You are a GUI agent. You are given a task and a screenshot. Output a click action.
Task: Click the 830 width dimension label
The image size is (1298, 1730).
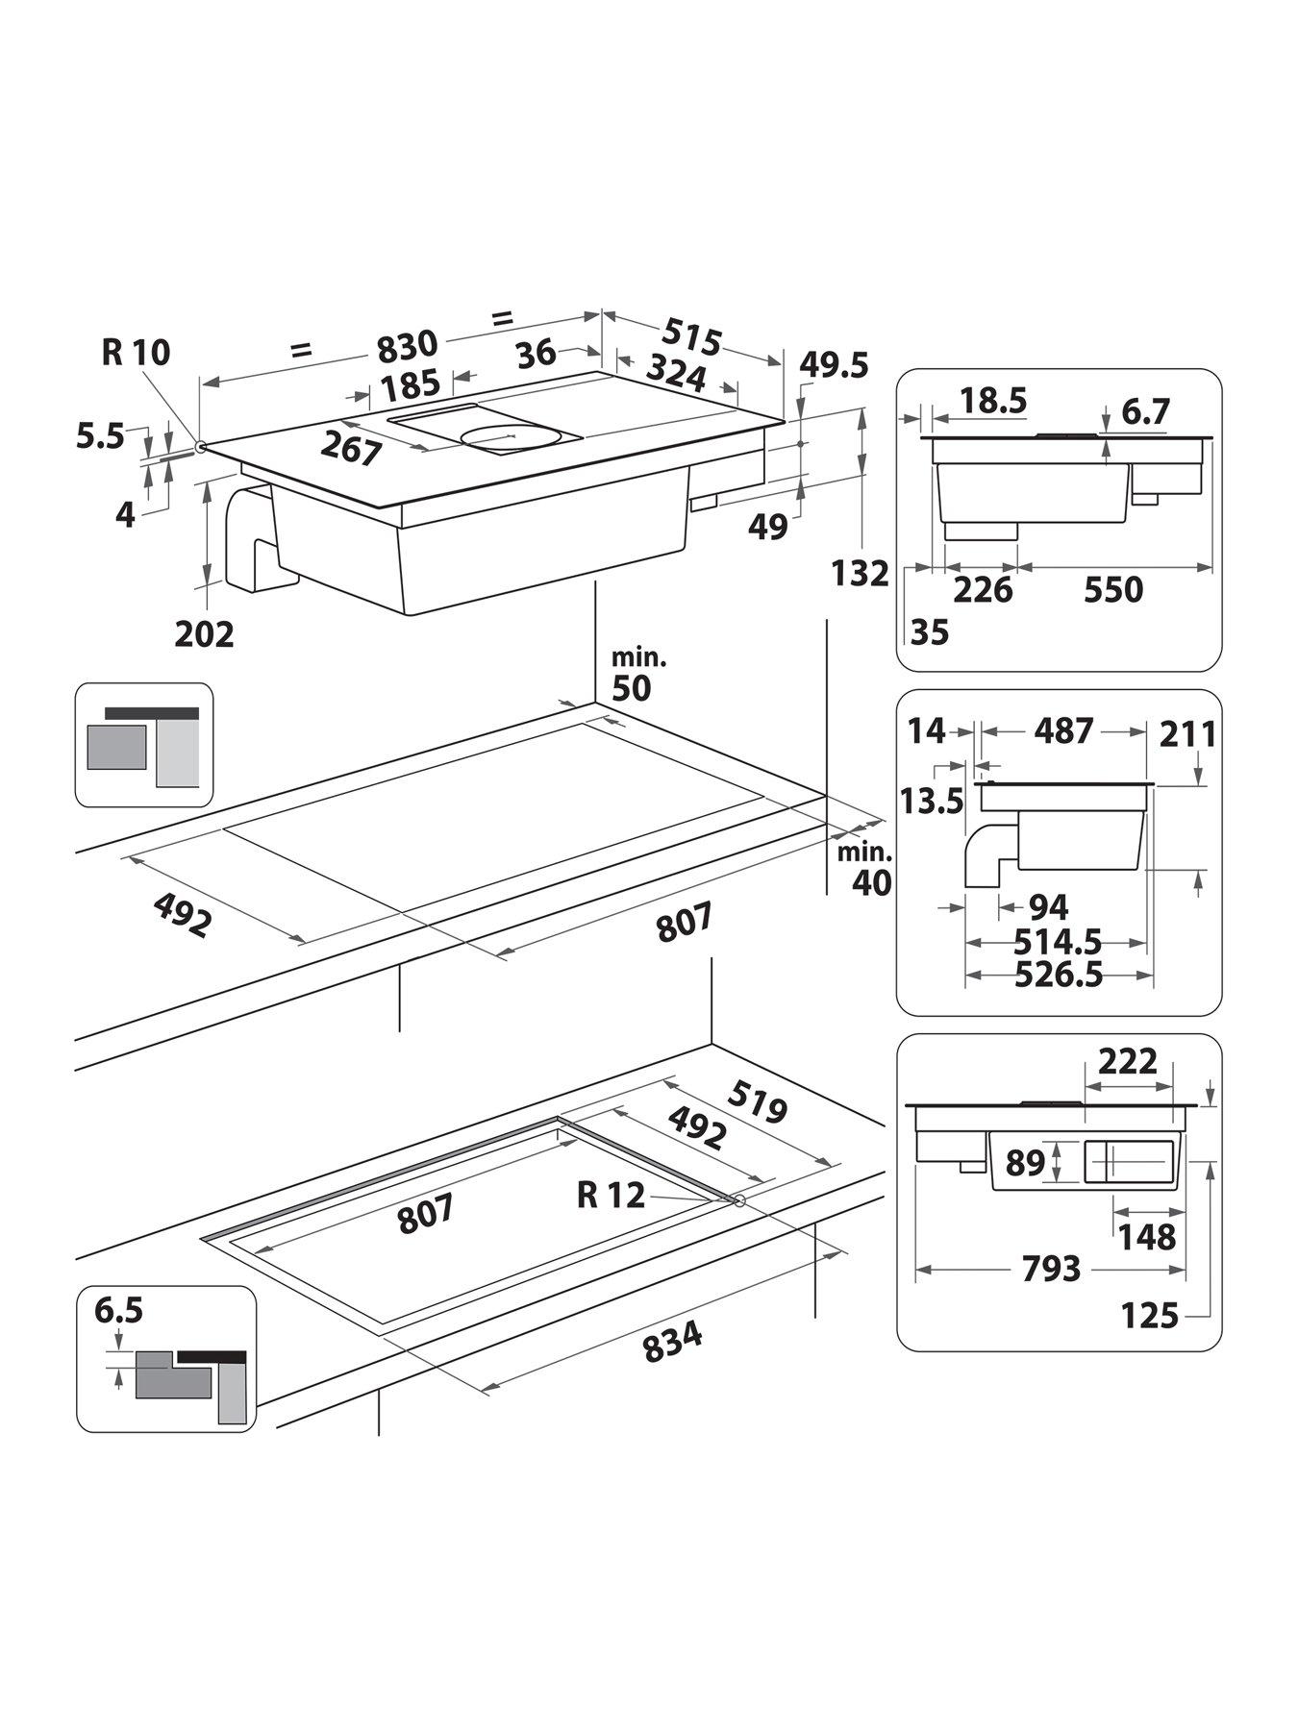click(408, 343)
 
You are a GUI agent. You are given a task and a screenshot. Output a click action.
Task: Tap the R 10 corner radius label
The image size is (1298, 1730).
click(136, 353)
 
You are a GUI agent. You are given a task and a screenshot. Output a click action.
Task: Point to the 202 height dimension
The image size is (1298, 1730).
click(205, 634)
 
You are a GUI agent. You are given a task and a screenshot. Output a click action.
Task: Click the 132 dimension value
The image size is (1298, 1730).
click(861, 574)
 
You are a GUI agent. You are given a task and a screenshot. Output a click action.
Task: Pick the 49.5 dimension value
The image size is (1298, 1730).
click(835, 365)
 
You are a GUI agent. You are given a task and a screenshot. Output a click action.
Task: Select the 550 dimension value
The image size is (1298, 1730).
click(1113, 589)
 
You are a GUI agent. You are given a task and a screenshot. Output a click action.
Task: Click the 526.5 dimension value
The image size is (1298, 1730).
click(1059, 976)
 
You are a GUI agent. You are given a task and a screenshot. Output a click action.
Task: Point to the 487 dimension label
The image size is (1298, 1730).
click(1063, 731)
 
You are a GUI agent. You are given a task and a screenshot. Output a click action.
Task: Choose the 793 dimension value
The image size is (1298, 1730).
click(1051, 1269)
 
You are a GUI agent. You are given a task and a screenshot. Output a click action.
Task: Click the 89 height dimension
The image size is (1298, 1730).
click(1025, 1163)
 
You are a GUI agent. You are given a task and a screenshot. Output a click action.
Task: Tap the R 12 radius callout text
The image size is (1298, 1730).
click(611, 1195)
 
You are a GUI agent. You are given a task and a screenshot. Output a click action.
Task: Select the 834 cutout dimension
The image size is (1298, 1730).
click(672, 1342)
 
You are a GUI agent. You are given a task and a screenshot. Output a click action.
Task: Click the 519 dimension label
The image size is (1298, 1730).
click(758, 1102)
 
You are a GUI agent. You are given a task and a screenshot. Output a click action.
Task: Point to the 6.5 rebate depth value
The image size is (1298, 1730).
click(118, 1311)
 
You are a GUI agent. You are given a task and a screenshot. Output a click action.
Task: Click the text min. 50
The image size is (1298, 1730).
click(638, 675)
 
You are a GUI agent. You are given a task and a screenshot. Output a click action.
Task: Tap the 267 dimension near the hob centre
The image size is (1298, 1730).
click(352, 449)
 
